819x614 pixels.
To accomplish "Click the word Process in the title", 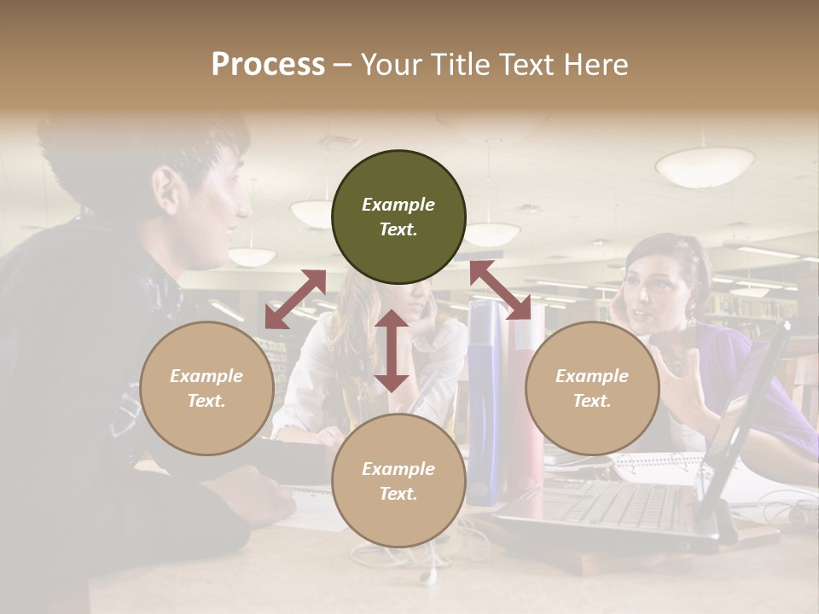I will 268,65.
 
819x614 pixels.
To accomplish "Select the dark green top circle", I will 398,217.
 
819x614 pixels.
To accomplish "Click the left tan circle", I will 206,388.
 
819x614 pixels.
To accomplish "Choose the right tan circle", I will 592,388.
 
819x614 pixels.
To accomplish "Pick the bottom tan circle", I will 398,481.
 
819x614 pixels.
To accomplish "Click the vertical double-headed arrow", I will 392,350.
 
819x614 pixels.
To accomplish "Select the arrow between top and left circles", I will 295,299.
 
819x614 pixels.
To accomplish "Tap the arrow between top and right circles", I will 500,290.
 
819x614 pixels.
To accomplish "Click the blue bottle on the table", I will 485,401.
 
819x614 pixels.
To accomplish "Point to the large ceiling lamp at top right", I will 705,166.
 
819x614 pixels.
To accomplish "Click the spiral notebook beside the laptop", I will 657,466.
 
